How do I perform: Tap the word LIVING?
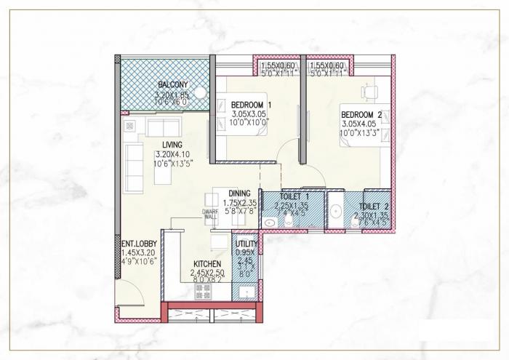click(x=172, y=145)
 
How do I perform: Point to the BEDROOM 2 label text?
click(x=361, y=115)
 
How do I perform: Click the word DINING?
click(x=239, y=193)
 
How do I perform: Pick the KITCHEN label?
click(x=207, y=264)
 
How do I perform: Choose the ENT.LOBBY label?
click(x=136, y=244)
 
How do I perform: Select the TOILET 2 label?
click(x=374, y=206)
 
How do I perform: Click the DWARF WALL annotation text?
click(x=210, y=214)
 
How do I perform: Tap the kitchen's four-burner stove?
click(x=201, y=292)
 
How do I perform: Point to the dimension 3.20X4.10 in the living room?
click(x=172, y=155)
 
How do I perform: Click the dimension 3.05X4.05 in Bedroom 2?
click(x=361, y=124)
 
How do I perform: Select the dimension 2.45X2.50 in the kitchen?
click(x=207, y=273)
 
